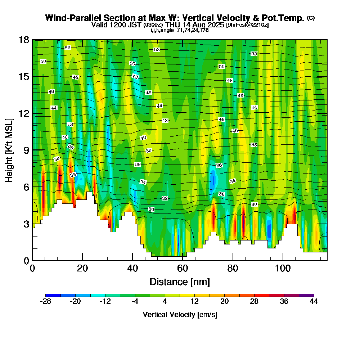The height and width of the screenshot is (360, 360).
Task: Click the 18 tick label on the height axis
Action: click(x=24, y=40)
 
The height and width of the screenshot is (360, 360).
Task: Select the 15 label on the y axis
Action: click(x=24, y=76)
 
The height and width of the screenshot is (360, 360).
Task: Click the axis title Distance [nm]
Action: click(x=180, y=281)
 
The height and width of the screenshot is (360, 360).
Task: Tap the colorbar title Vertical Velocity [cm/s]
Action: click(x=180, y=315)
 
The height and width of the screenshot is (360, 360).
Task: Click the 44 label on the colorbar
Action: click(x=314, y=302)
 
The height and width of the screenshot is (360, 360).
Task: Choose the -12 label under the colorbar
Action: click(x=105, y=302)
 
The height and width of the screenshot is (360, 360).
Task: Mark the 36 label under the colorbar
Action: click(x=284, y=302)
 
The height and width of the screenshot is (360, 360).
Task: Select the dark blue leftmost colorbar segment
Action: click(x=53, y=295)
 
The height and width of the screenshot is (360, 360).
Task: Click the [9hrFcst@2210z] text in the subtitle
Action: click(x=247, y=25)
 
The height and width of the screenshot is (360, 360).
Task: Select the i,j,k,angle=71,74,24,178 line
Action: click(x=180, y=30)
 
